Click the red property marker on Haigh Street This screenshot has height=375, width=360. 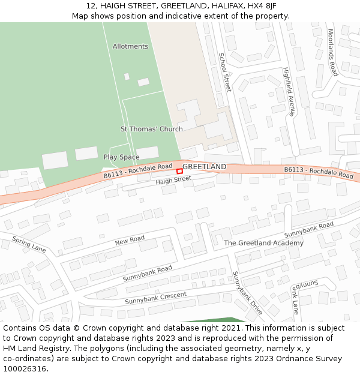pyautogui.click(x=179, y=171)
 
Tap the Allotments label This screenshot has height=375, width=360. pyautogui.click(x=130, y=46)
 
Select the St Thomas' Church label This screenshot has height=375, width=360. pyautogui.click(x=152, y=129)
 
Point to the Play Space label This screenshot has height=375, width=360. pyautogui.click(x=121, y=157)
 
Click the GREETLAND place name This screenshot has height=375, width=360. pyautogui.click(x=205, y=166)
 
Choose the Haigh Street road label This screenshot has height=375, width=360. pyautogui.click(x=173, y=179)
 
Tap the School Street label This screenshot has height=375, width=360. pyautogui.click(x=224, y=72)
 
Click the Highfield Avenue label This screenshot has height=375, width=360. pyautogui.click(x=290, y=91)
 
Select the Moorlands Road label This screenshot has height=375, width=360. pyautogui.click(x=333, y=53)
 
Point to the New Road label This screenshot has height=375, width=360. pyautogui.click(x=130, y=240)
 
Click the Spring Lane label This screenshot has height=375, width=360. pyautogui.click(x=29, y=244)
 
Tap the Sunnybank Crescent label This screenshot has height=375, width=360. pyautogui.click(x=156, y=298)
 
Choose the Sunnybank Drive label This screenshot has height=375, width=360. pyautogui.click(x=248, y=293)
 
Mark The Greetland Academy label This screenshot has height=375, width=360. pyautogui.click(x=263, y=243)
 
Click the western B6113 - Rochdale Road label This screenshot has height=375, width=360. pyautogui.click(x=138, y=170)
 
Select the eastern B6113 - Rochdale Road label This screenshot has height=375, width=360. pyautogui.click(x=319, y=172)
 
